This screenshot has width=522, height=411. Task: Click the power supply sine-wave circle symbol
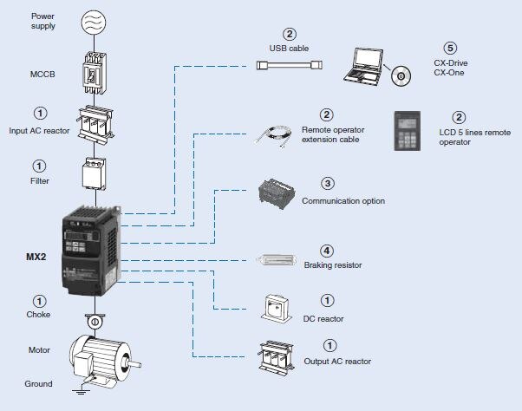click(94, 22)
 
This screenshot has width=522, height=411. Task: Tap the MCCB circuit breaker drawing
click(95, 73)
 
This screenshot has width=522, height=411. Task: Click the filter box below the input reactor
click(95, 173)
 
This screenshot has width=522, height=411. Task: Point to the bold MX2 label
click(36, 257)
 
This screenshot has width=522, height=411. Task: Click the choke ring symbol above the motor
click(95, 321)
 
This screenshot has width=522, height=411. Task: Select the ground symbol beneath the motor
click(81, 389)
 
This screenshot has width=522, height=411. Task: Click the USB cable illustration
click(289, 65)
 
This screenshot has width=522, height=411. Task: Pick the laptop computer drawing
click(363, 67)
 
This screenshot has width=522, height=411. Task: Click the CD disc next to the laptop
click(401, 76)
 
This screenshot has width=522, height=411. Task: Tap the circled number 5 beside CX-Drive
click(450, 49)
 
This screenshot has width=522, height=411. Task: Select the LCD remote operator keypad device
click(407, 131)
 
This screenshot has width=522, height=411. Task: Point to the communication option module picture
click(276, 193)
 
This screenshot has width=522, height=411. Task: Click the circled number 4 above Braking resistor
click(326, 251)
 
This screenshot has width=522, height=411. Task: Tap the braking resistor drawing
click(277, 259)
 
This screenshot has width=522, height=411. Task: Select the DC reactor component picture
click(277, 309)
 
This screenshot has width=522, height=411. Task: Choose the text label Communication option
click(343, 201)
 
